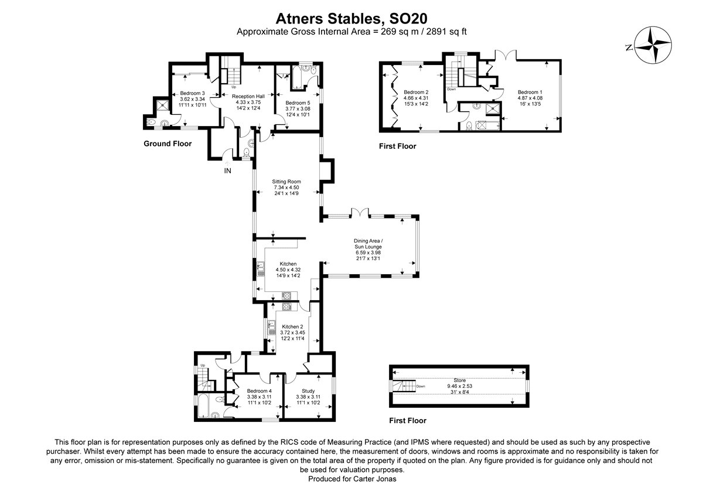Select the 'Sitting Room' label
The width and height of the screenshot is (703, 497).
[286, 182]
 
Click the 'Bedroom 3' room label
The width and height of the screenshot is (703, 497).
[192, 93]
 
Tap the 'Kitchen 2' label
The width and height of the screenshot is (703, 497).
[292, 326]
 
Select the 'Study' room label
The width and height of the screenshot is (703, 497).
[308, 391]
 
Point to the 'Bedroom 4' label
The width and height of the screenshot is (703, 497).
[259, 391]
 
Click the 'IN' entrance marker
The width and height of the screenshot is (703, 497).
[227, 171]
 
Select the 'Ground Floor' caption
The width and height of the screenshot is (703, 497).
[168, 144]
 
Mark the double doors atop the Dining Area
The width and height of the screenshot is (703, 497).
[359, 213]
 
